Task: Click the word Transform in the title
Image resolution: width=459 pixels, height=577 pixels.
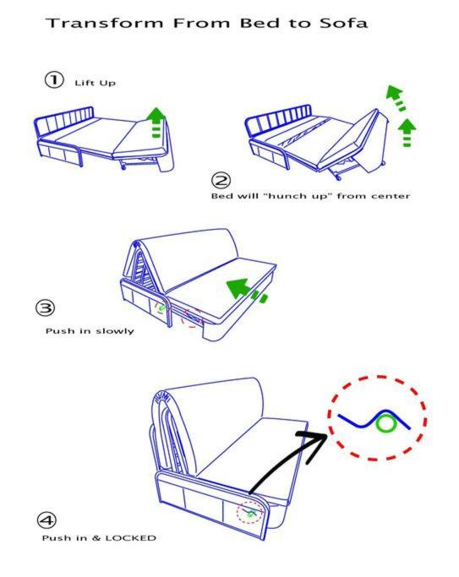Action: [x=105, y=23]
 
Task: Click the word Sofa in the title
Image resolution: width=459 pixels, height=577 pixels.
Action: [x=343, y=23]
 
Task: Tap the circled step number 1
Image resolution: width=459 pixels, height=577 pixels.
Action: [x=54, y=79]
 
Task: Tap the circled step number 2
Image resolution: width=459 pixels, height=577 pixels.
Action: [x=221, y=180]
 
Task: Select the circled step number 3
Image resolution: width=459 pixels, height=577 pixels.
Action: [x=46, y=308]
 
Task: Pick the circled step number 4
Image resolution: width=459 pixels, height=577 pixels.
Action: [x=46, y=520]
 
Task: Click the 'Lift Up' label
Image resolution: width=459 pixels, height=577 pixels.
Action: [x=95, y=83]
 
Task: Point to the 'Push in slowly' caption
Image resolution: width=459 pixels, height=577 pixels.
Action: [x=90, y=331]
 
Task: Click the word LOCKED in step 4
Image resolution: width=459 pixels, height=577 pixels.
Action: [x=131, y=538]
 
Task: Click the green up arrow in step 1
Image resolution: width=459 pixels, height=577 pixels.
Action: [x=156, y=122]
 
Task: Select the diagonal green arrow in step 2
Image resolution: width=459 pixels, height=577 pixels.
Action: [x=396, y=97]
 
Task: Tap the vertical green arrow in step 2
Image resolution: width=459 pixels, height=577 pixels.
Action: [x=407, y=133]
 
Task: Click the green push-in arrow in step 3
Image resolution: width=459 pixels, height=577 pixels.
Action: [x=246, y=291]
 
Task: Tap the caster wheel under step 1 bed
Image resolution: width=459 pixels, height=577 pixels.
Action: [x=123, y=166]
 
